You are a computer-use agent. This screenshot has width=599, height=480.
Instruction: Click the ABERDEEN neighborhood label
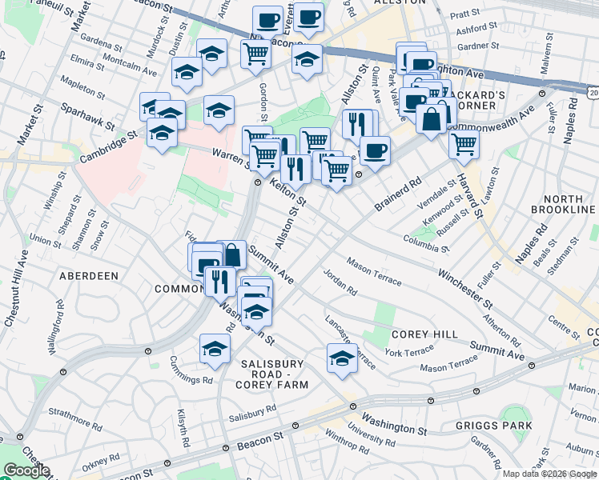(x=88, y=275)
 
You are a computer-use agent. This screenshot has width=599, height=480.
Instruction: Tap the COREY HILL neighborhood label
(x=424, y=334)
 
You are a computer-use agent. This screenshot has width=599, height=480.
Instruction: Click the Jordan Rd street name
(x=340, y=282)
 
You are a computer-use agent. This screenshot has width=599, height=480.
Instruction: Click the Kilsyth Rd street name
(x=183, y=429)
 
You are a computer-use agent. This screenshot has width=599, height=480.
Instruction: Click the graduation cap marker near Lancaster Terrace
(x=342, y=358)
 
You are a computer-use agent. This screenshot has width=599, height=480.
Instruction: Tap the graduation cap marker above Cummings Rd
(x=215, y=347)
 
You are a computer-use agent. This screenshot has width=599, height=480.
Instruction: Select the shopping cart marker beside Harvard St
(x=464, y=145)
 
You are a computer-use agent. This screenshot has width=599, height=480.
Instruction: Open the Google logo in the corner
(x=26, y=471)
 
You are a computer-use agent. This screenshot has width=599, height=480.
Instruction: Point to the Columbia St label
(x=424, y=239)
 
